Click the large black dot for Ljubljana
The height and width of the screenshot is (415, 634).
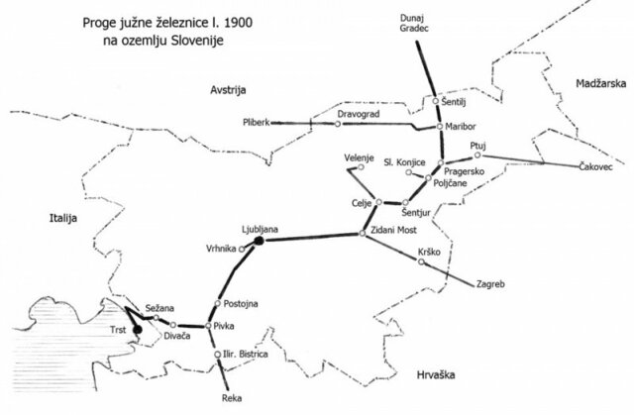coord(258,241)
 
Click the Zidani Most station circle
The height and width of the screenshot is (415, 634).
coord(362,234)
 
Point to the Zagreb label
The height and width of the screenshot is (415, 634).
coord(493,285)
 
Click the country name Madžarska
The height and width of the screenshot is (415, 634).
coord(600,85)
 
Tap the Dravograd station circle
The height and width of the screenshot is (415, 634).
coord(310,124)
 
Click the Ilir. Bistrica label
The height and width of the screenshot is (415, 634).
coord(254,354)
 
